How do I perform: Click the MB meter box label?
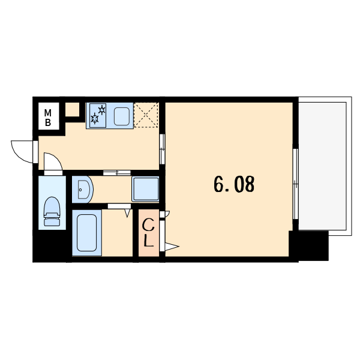click(48, 118)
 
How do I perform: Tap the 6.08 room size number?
click(234, 184)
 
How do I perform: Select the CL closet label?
click(148, 233)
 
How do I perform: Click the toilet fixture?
click(52, 211)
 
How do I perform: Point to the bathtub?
click(87, 233)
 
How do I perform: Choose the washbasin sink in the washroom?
click(83, 190)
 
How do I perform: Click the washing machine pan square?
click(145, 189)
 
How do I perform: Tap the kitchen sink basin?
click(122, 116)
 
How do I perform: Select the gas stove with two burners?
click(98, 115)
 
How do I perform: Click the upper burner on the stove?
click(102, 110)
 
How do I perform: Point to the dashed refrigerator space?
click(146, 115)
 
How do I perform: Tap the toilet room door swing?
click(53, 161)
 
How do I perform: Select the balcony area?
click(322, 166)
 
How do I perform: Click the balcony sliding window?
click(296, 184)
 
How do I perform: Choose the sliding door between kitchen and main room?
click(162, 149)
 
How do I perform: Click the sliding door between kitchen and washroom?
click(117, 173)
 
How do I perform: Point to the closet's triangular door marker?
click(172, 247)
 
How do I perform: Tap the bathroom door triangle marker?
click(127, 213)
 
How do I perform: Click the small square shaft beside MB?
click(73, 110)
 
